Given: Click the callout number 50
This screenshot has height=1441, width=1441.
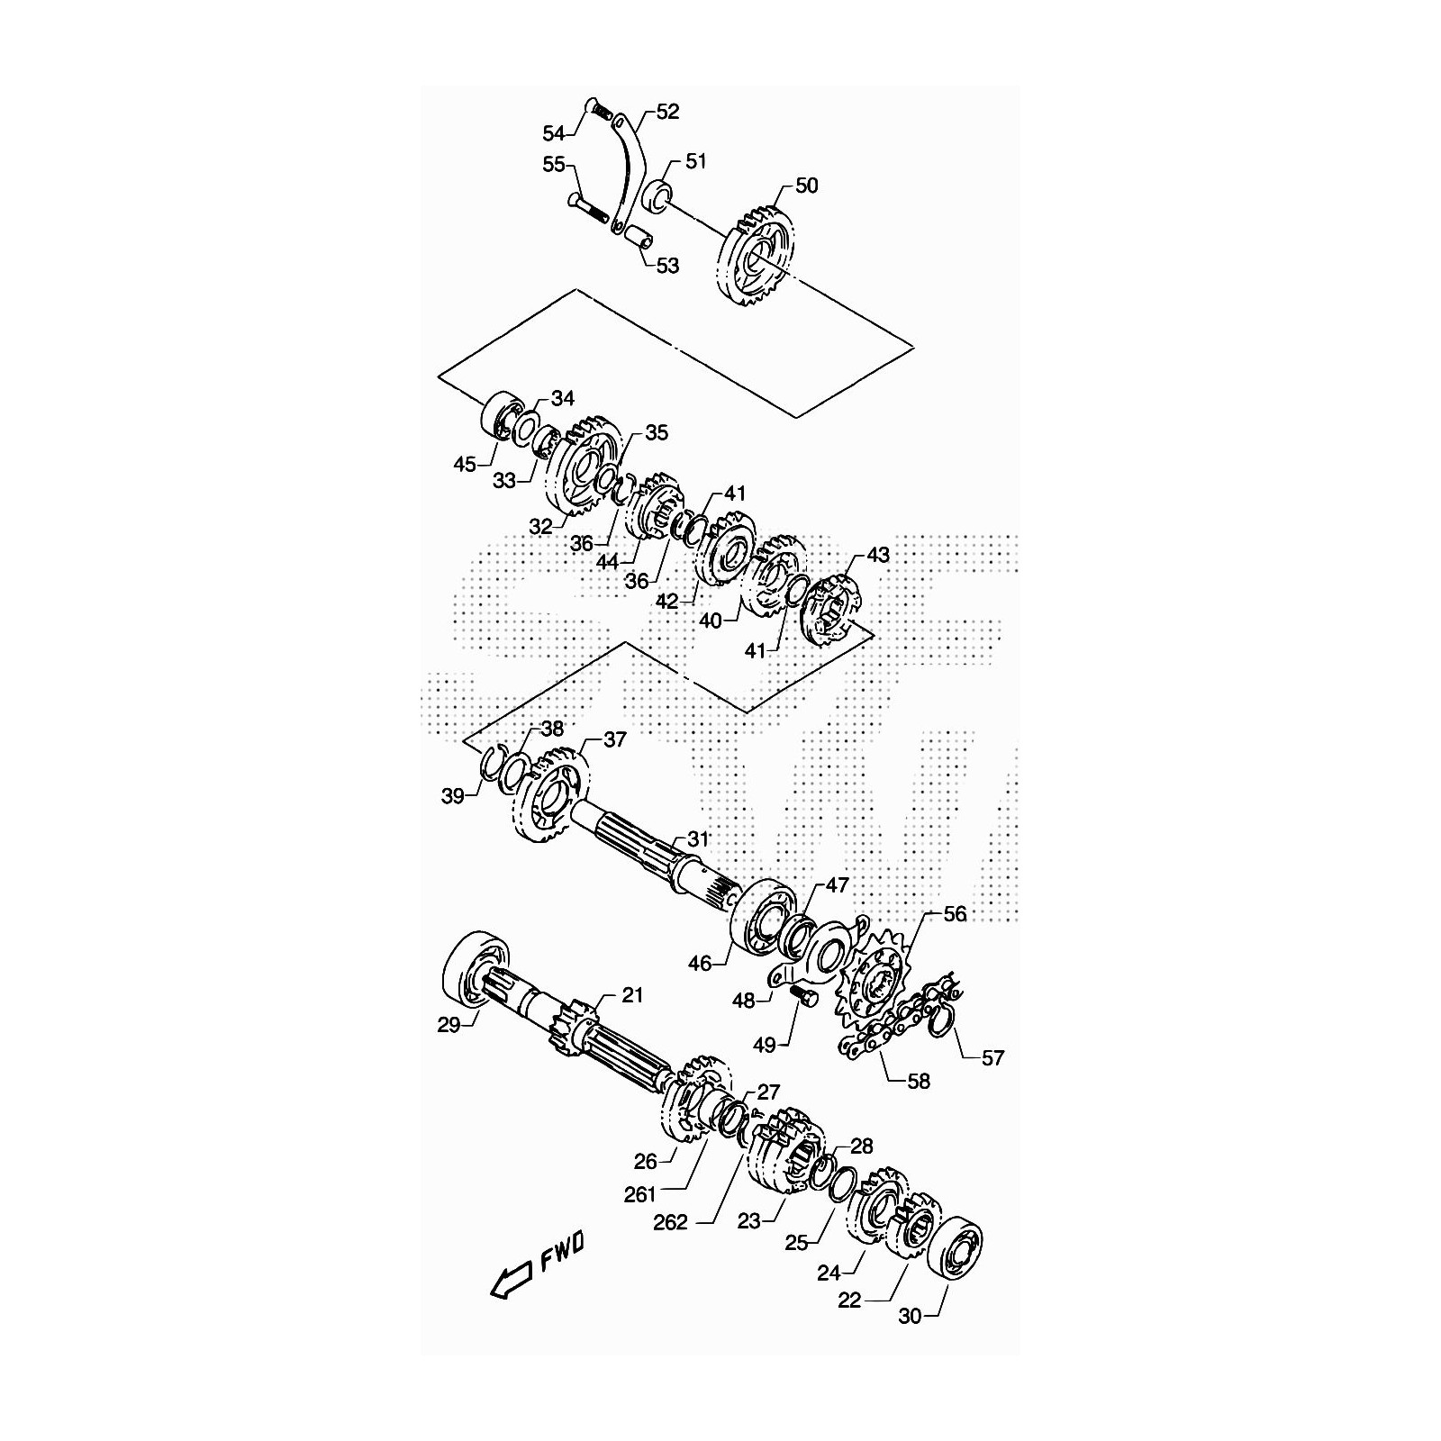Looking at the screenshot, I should (x=807, y=186).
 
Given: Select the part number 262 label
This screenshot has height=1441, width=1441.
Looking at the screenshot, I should (x=670, y=1222).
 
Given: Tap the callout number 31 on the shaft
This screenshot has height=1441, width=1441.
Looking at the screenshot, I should (x=698, y=838).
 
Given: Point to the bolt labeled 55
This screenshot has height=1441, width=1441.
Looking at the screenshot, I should (x=590, y=209).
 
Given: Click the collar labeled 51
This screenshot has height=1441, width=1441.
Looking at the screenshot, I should (x=658, y=194).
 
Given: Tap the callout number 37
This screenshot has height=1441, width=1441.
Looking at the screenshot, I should (x=614, y=739).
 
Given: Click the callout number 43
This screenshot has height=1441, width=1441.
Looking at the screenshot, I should (x=877, y=555).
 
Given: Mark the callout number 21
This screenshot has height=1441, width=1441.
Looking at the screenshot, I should (x=633, y=995).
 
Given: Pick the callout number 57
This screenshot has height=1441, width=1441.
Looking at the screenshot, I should (x=992, y=1059).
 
